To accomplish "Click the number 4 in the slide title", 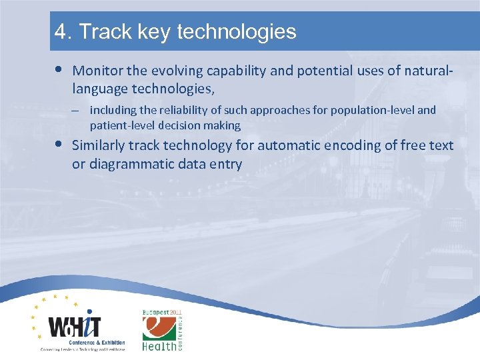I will point(61,31).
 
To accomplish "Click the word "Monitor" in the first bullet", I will point(97,70).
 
